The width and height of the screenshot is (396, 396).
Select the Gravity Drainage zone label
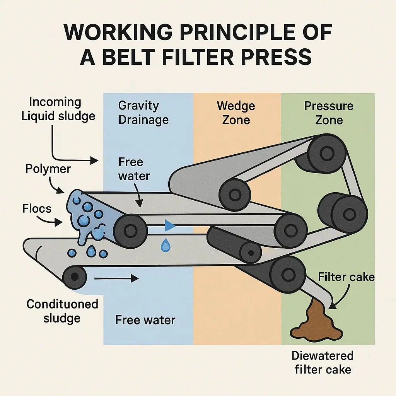[143, 112]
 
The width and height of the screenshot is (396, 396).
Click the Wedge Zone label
[236, 112]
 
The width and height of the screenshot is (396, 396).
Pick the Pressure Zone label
[329, 112]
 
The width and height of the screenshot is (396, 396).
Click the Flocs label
[37, 209]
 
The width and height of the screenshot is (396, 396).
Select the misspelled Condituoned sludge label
[62, 311]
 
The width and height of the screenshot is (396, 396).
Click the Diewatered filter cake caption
[323, 362]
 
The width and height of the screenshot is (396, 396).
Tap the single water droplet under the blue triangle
[166, 245]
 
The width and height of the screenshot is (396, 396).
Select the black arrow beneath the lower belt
[116, 278]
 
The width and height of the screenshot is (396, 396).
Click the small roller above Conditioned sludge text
[74, 276]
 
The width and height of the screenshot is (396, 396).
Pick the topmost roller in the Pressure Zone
[327, 154]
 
